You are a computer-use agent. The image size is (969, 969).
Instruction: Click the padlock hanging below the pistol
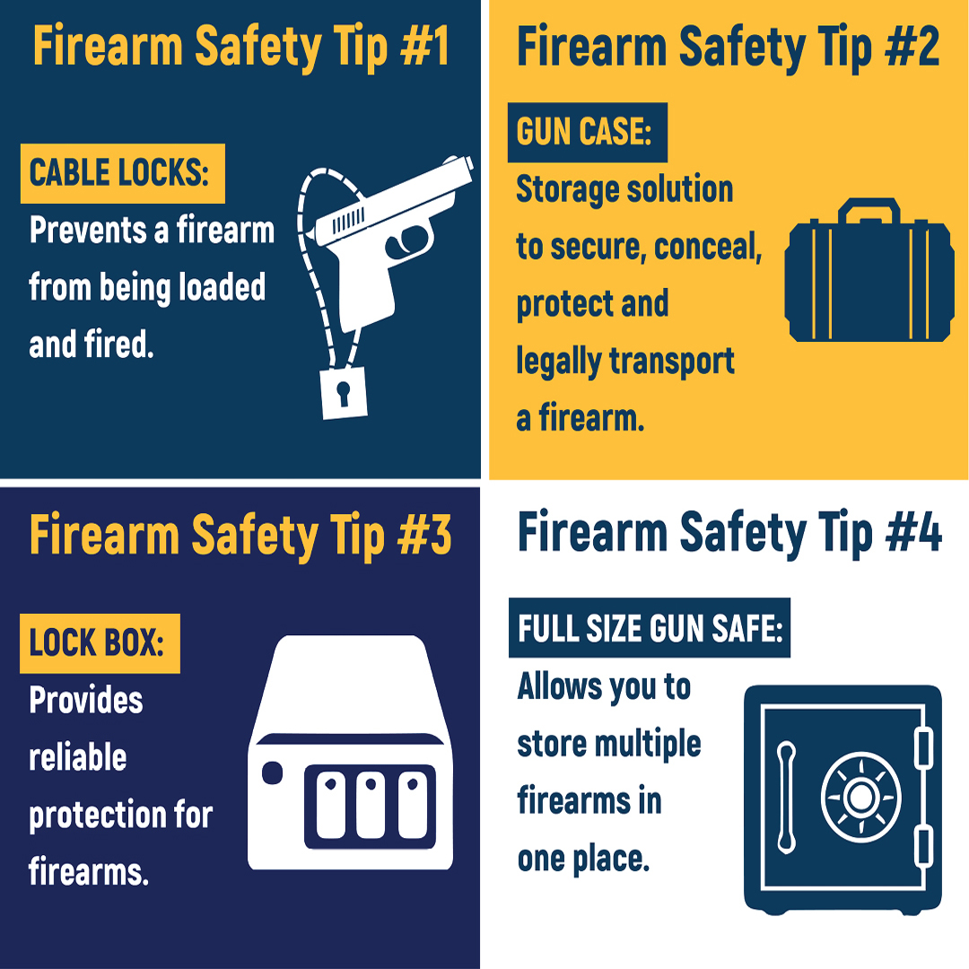pos(344,393)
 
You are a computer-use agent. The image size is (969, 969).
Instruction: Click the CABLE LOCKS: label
pos(122,174)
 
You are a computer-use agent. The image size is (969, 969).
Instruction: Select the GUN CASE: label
pos(587,132)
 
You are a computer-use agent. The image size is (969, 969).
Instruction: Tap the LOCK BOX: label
pos(100,643)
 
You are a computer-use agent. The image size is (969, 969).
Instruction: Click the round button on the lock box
pos(273,773)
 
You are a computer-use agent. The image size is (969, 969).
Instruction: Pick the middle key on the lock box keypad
pos(371,805)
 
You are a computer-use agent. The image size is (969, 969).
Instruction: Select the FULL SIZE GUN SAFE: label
pos(650,627)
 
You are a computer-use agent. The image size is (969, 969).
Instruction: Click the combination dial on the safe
pos(860,798)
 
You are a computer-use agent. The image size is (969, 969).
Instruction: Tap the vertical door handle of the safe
pos(786,798)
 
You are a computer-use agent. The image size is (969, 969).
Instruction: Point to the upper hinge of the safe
pos(924,747)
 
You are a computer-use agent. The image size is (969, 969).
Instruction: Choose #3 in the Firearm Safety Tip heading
pos(424,535)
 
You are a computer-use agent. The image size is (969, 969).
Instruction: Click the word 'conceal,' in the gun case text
pos(708,248)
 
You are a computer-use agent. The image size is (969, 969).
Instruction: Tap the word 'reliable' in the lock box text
pos(78,757)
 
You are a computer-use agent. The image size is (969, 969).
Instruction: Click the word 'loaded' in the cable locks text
pos(222,287)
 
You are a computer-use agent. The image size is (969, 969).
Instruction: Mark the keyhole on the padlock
pos(343,393)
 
